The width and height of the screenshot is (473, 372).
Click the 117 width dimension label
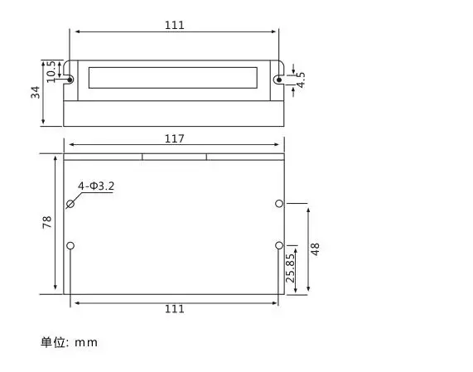click(174, 138)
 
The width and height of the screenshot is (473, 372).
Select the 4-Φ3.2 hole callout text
click(96, 186)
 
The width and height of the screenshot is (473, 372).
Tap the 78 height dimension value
click(47, 222)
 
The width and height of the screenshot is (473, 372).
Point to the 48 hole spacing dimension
click(315, 247)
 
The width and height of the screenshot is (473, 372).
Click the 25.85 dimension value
click(290, 268)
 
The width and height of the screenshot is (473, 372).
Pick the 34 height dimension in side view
click(36, 92)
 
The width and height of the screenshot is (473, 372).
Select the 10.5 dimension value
click(51, 70)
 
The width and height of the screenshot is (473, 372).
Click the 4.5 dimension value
click(301, 80)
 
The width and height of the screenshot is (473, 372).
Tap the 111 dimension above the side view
click(174, 25)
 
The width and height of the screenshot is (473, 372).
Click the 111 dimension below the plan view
click(174, 309)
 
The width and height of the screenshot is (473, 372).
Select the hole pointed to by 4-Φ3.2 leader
click(70, 203)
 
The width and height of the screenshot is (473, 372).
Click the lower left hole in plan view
click(70, 245)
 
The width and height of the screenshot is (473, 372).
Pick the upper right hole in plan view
click(279, 203)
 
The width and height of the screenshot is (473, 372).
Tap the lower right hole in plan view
click(279, 245)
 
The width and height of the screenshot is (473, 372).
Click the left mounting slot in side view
click(70, 80)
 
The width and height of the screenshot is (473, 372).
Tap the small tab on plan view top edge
click(174, 155)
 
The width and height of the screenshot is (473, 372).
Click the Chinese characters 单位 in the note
click(53, 342)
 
